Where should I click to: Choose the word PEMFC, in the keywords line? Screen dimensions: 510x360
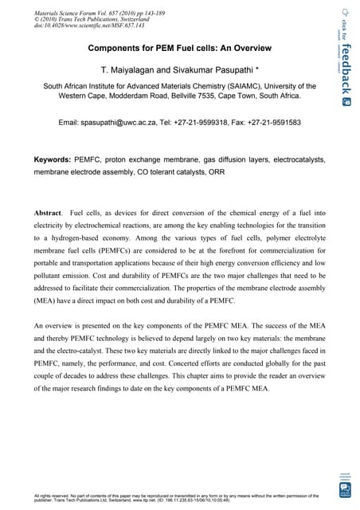(88, 159)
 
